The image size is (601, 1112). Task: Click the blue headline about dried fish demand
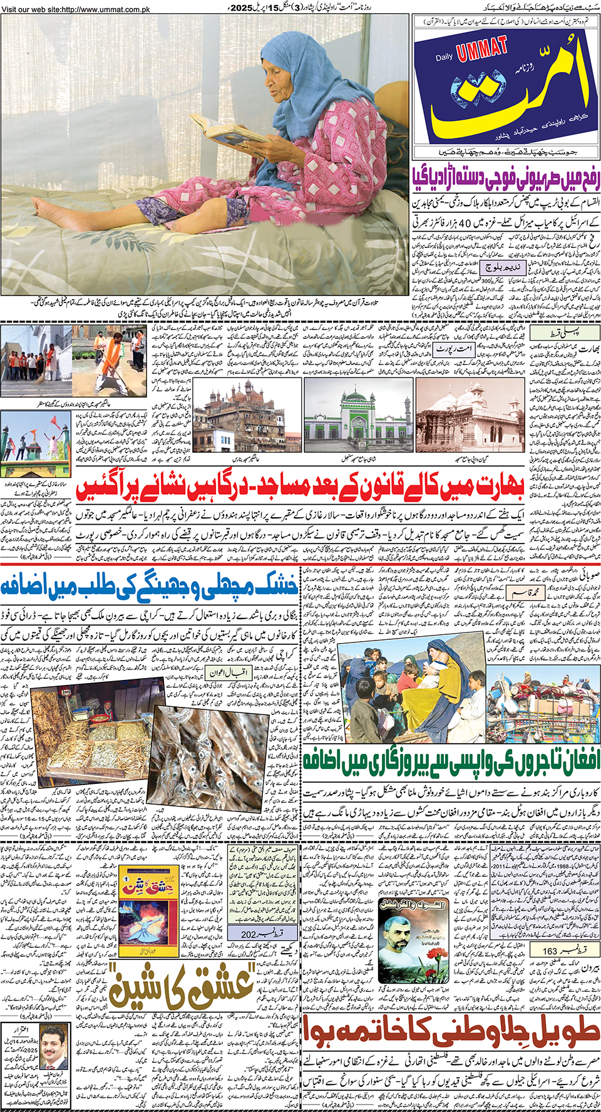click(x=149, y=587)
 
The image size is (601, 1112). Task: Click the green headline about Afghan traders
click(x=451, y=760)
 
